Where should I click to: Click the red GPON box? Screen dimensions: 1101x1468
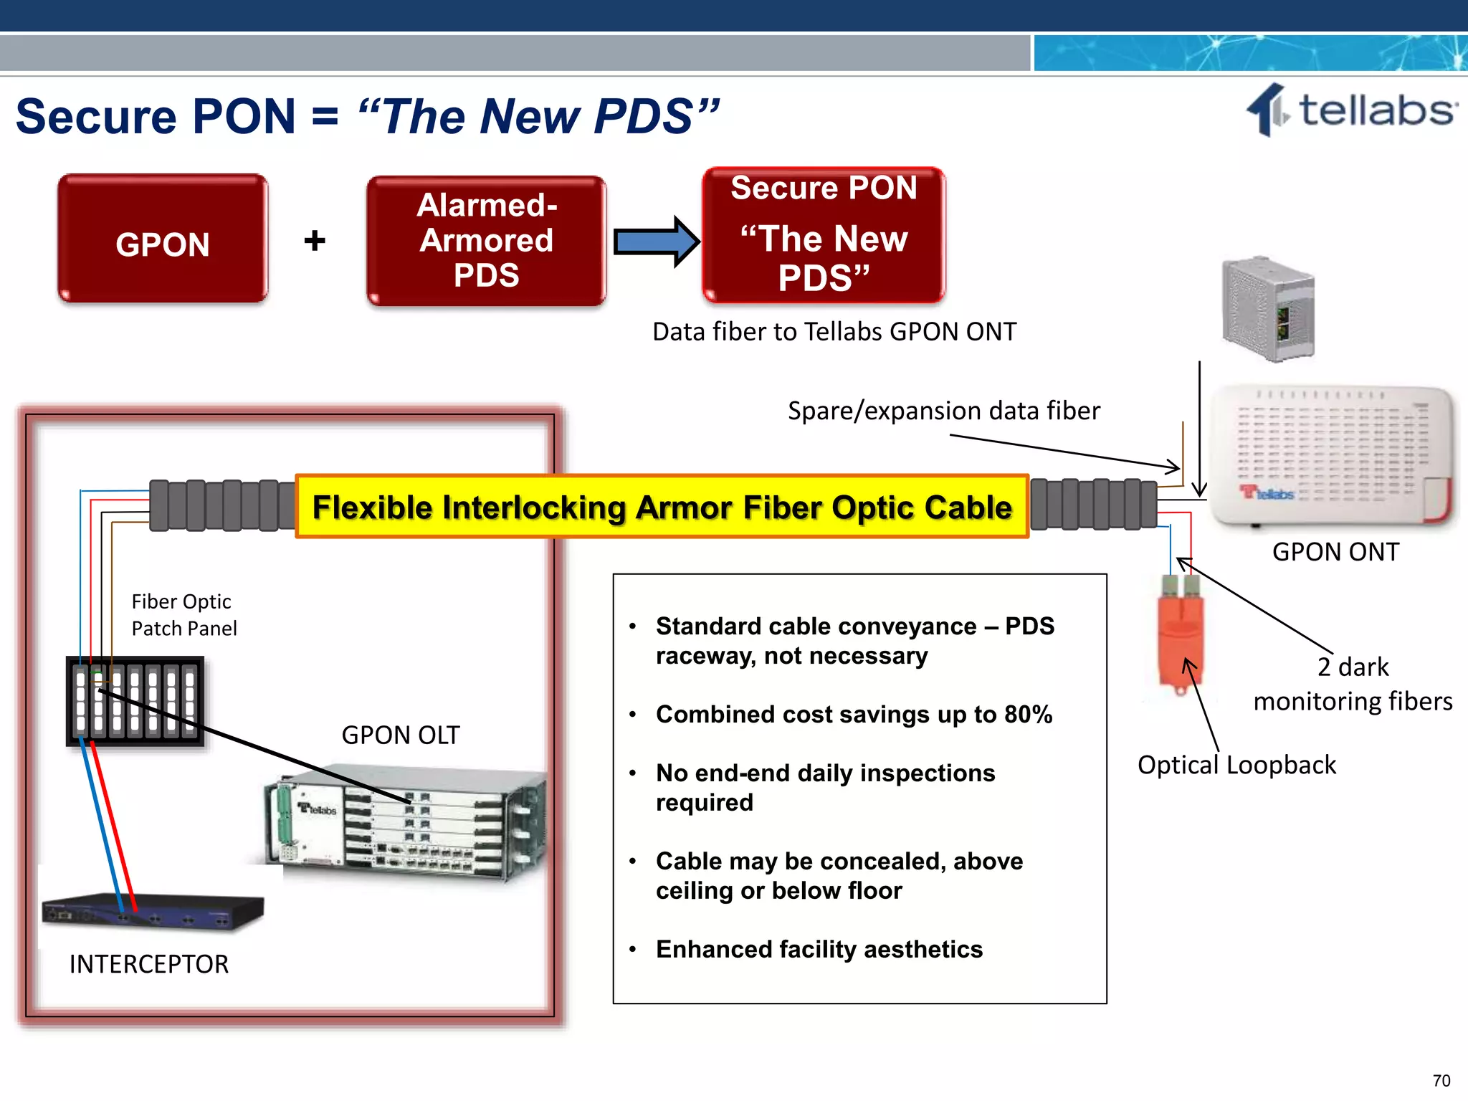pos(163,239)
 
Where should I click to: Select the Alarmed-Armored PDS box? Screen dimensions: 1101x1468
pos(486,241)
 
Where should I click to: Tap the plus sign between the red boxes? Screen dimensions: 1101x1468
pos(314,240)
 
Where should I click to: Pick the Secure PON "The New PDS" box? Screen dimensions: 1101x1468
pos(824,235)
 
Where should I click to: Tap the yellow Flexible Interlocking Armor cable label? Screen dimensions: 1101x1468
pos(662,507)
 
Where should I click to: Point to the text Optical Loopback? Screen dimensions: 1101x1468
pos(1236,765)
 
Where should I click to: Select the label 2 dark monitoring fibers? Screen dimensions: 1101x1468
pos(1353,684)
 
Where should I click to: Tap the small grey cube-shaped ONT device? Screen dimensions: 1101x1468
pos(1268,309)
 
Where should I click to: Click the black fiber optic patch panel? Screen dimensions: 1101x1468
pos(135,701)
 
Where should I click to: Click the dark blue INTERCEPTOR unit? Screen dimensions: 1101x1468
pos(153,911)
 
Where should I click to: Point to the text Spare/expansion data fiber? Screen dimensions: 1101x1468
pos(943,411)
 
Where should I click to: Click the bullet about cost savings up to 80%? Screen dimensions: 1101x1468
pos(853,714)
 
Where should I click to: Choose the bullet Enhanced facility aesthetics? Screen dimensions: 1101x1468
pos(819,949)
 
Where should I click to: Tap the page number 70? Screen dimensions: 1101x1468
pos(1441,1080)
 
